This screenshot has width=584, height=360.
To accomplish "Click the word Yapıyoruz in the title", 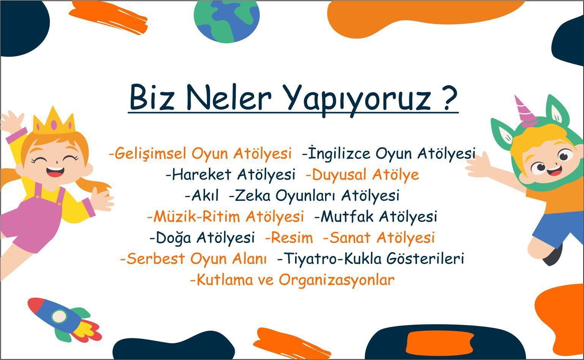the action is coord(358,100).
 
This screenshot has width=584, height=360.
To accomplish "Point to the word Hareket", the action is coord(202,174).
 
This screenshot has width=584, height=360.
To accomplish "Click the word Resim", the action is coord(292,238).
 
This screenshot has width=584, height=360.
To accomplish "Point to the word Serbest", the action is coord(156,259).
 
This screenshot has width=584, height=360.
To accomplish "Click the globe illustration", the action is coord(227,21).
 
